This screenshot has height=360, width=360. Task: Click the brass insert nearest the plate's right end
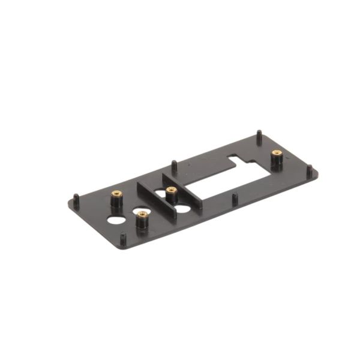coord(276,154)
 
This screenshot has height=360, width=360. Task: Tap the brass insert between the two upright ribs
coord(171,191)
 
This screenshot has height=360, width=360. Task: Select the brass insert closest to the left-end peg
coord(116,194)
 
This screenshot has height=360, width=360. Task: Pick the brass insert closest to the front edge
coord(142,214)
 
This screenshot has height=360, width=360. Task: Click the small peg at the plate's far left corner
coord(76,199)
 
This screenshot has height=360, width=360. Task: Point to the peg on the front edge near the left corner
coord(123,238)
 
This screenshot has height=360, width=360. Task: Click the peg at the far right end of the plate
coord(310,171)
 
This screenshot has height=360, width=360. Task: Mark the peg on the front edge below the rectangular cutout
coord(235,198)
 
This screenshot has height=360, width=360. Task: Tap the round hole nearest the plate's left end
coord(113,220)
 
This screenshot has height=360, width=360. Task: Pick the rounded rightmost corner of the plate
coord(316,173)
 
